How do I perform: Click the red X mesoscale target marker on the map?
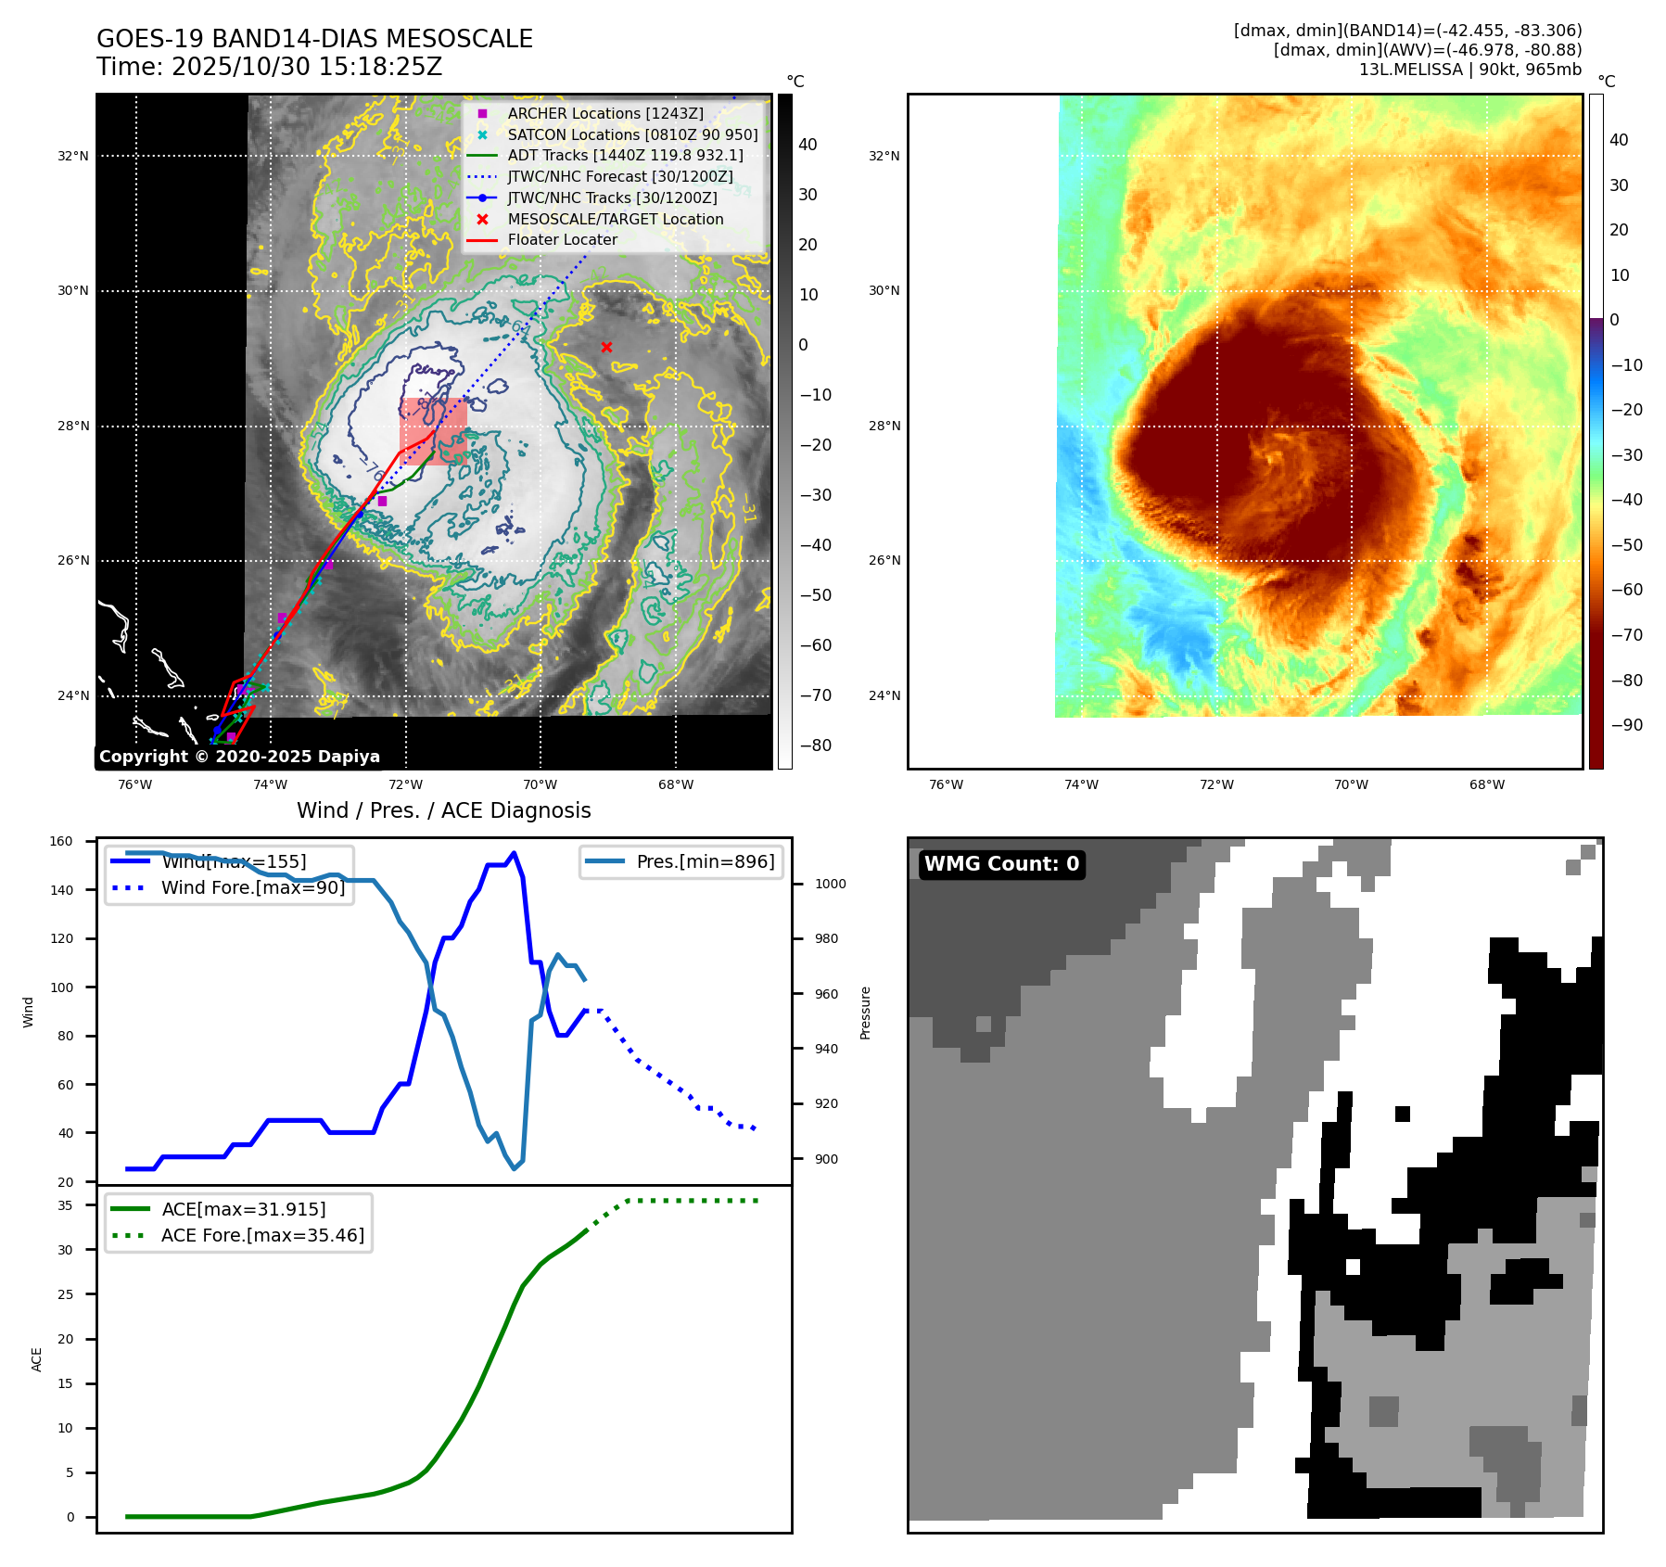pos(606,348)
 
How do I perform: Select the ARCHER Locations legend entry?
pos(604,113)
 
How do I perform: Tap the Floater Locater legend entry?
pos(562,239)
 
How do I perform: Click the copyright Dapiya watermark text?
pos(239,757)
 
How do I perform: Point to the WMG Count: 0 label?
pos(1001,864)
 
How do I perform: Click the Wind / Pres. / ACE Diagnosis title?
pos(443,810)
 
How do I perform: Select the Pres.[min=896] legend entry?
pos(705,861)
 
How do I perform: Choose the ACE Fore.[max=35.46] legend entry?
pos(262,1235)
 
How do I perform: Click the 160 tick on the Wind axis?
pos(61,842)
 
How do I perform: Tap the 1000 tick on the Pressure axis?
pos(830,885)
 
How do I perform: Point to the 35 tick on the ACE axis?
pos(65,1205)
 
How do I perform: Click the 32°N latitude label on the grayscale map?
pos(73,156)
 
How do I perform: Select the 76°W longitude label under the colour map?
pos(946,785)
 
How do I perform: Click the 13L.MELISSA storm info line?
pos(1469,70)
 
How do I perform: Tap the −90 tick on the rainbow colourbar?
pos(1626,725)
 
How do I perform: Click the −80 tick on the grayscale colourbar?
pos(816,745)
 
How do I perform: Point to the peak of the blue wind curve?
pos(515,853)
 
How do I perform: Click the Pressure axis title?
pos(865,1013)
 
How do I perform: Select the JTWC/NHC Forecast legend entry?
pos(619,176)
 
